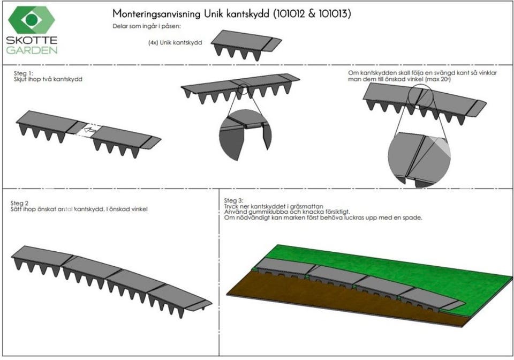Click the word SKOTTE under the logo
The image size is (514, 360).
coord(32,41)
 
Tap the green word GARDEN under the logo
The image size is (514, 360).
coord(32,50)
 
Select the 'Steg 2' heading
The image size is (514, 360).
coord(20,204)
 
